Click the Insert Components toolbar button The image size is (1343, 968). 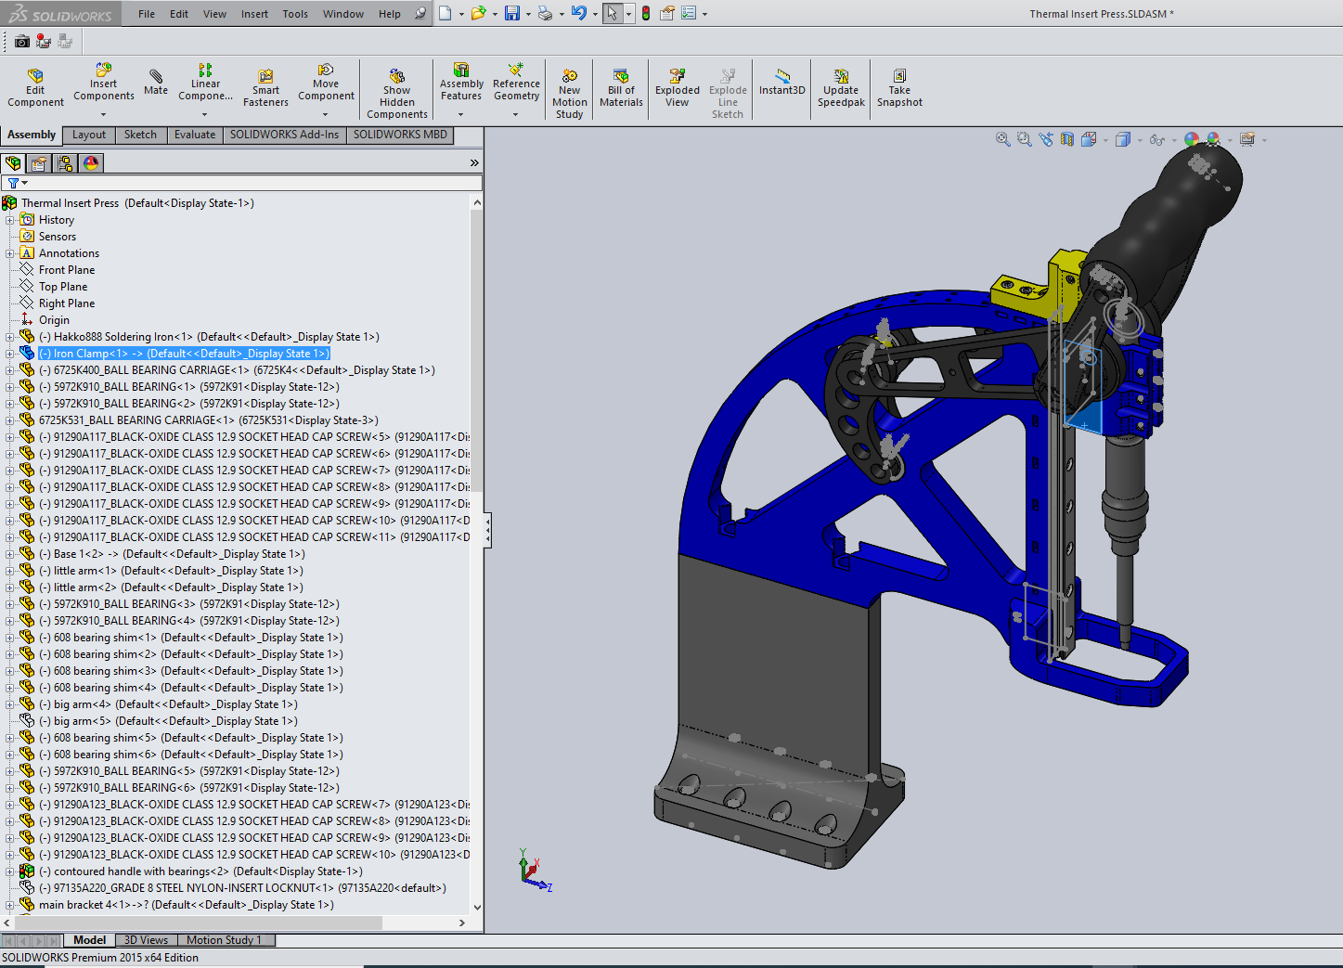[x=104, y=84]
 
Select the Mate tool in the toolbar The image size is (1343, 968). [x=156, y=82]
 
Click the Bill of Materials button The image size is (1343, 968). [x=621, y=87]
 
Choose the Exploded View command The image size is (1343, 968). [x=678, y=87]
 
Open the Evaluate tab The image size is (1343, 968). [x=195, y=135]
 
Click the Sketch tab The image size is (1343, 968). [x=140, y=135]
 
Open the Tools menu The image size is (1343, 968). [x=295, y=14]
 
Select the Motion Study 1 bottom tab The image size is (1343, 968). [x=224, y=940]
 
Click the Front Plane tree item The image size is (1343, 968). [x=67, y=270]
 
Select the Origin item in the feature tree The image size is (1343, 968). [x=54, y=320]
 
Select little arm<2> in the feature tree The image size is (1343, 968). [x=177, y=587]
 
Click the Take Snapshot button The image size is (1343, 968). [x=899, y=88]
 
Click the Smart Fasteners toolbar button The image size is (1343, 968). [x=265, y=88]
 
